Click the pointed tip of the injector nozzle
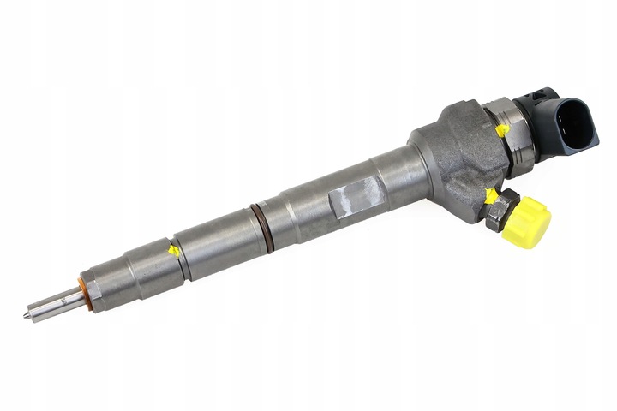[x=27, y=315]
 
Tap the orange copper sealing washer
[x=83, y=289]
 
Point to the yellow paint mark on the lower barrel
[x=175, y=250]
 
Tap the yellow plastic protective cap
[x=524, y=223]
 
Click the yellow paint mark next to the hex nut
[x=490, y=196]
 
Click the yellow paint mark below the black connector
[x=502, y=130]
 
